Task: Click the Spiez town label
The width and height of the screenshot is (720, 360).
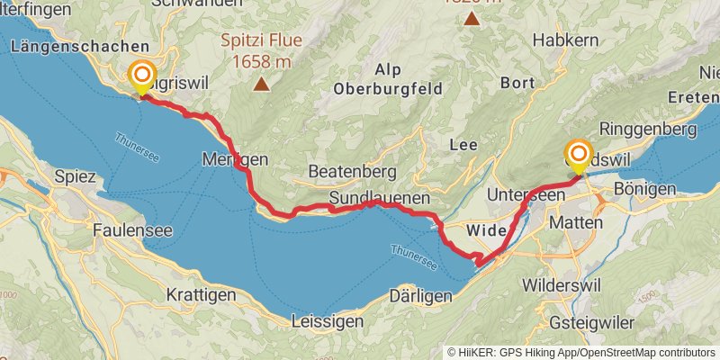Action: point(75,176)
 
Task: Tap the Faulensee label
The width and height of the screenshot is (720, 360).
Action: point(132,230)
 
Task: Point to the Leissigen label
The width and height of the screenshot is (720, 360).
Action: point(328,320)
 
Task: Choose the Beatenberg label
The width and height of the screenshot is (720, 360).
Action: point(352,170)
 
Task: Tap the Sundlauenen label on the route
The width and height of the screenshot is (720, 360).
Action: point(379,197)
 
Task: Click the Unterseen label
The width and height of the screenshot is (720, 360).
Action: point(525,194)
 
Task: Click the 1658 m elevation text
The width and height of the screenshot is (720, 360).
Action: point(261,61)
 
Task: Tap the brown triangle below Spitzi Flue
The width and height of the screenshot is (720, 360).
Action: point(261,85)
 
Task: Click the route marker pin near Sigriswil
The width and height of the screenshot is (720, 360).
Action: point(141,76)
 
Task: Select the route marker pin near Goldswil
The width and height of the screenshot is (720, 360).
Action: point(578,155)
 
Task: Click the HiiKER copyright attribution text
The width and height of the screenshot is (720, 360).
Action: point(581,352)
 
